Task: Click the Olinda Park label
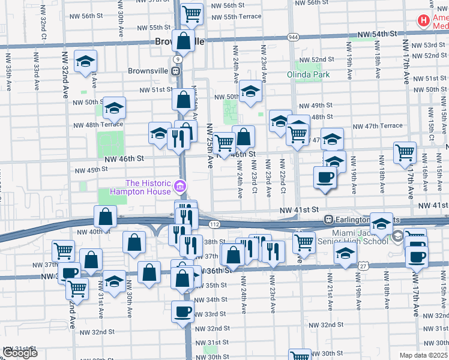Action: (x=313, y=75)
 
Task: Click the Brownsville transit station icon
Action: (x=176, y=71)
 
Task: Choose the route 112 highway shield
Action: (x=214, y=224)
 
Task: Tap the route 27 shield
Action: (x=364, y=265)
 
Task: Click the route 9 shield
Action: (x=178, y=59)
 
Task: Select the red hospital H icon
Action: (x=424, y=21)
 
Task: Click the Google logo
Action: (x=20, y=353)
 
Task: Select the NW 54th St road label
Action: (x=378, y=36)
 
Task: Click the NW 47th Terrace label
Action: (x=378, y=126)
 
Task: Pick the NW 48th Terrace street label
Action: (x=98, y=125)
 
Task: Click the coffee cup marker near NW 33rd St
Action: (x=182, y=311)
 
